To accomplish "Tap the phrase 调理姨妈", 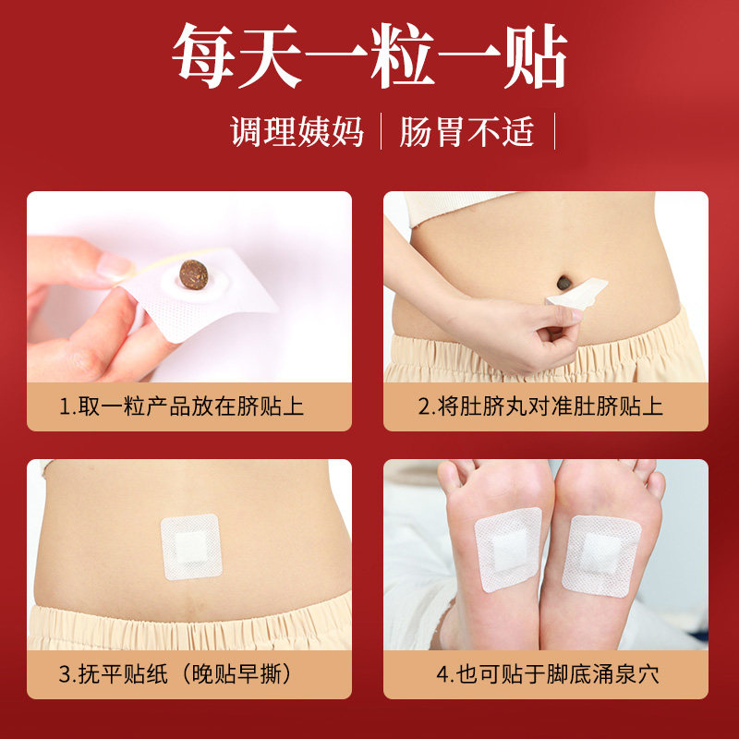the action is [x=297, y=131].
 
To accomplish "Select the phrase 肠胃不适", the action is [x=467, y=131].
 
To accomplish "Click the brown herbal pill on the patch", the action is [x=194, y=274].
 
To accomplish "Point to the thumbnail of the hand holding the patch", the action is [x=189, y=286].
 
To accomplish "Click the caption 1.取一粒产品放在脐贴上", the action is [x=181, y=406].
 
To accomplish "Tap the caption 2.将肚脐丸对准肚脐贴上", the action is [x=540, y=406].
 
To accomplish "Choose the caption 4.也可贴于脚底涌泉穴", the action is [x=547, y=674].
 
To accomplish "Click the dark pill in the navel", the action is [x=564, y=283].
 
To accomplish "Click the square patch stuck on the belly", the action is [x=191, y=547].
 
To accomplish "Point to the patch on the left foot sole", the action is [x=508, y=550].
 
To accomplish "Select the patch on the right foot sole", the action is [x=601, y=556].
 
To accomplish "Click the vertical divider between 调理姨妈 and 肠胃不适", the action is [x=381, y=131].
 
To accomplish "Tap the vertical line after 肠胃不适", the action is [x=555, y=131].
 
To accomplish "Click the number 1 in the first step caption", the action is [x=64, y=407].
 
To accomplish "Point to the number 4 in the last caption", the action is [x=442, y=675].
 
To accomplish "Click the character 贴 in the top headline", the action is [x=536, y=56].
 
